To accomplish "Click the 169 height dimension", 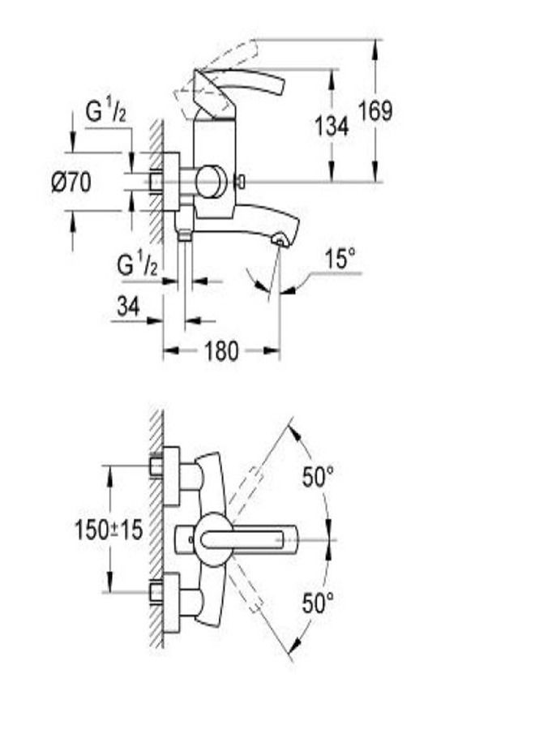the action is (375, 110).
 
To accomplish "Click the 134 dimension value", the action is (332, 126).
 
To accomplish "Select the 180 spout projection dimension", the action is (221, 350).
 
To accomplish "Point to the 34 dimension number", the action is (128, 307).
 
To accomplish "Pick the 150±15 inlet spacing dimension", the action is (109, 530).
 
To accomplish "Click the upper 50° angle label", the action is (319, 477).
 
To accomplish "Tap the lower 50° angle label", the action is (319, 603).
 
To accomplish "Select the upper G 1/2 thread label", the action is (106, 112).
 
